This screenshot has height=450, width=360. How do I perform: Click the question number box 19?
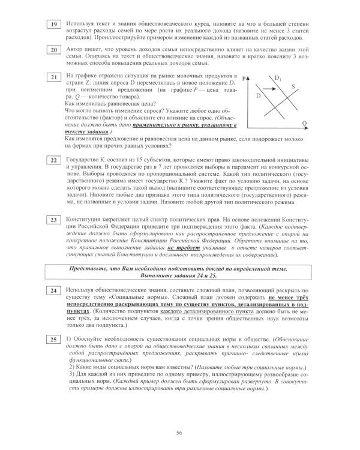[x=54, y=24]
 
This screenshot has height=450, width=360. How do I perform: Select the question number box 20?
[x=54, y=50]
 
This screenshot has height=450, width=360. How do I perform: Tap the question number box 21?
[x=54, y=77]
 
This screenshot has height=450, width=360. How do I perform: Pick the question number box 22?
[x=54, y=161]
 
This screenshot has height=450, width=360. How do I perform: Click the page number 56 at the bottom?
[x=179, y=433]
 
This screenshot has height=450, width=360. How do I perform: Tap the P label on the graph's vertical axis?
[x=246, y=78]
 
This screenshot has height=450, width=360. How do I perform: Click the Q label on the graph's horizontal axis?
[x=304, y=124]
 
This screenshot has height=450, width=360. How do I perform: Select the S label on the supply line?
[x=293, y=86]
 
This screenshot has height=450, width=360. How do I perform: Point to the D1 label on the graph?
[x=278, y=78]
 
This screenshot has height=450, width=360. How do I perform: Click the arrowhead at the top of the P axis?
[x=251, y=77]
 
